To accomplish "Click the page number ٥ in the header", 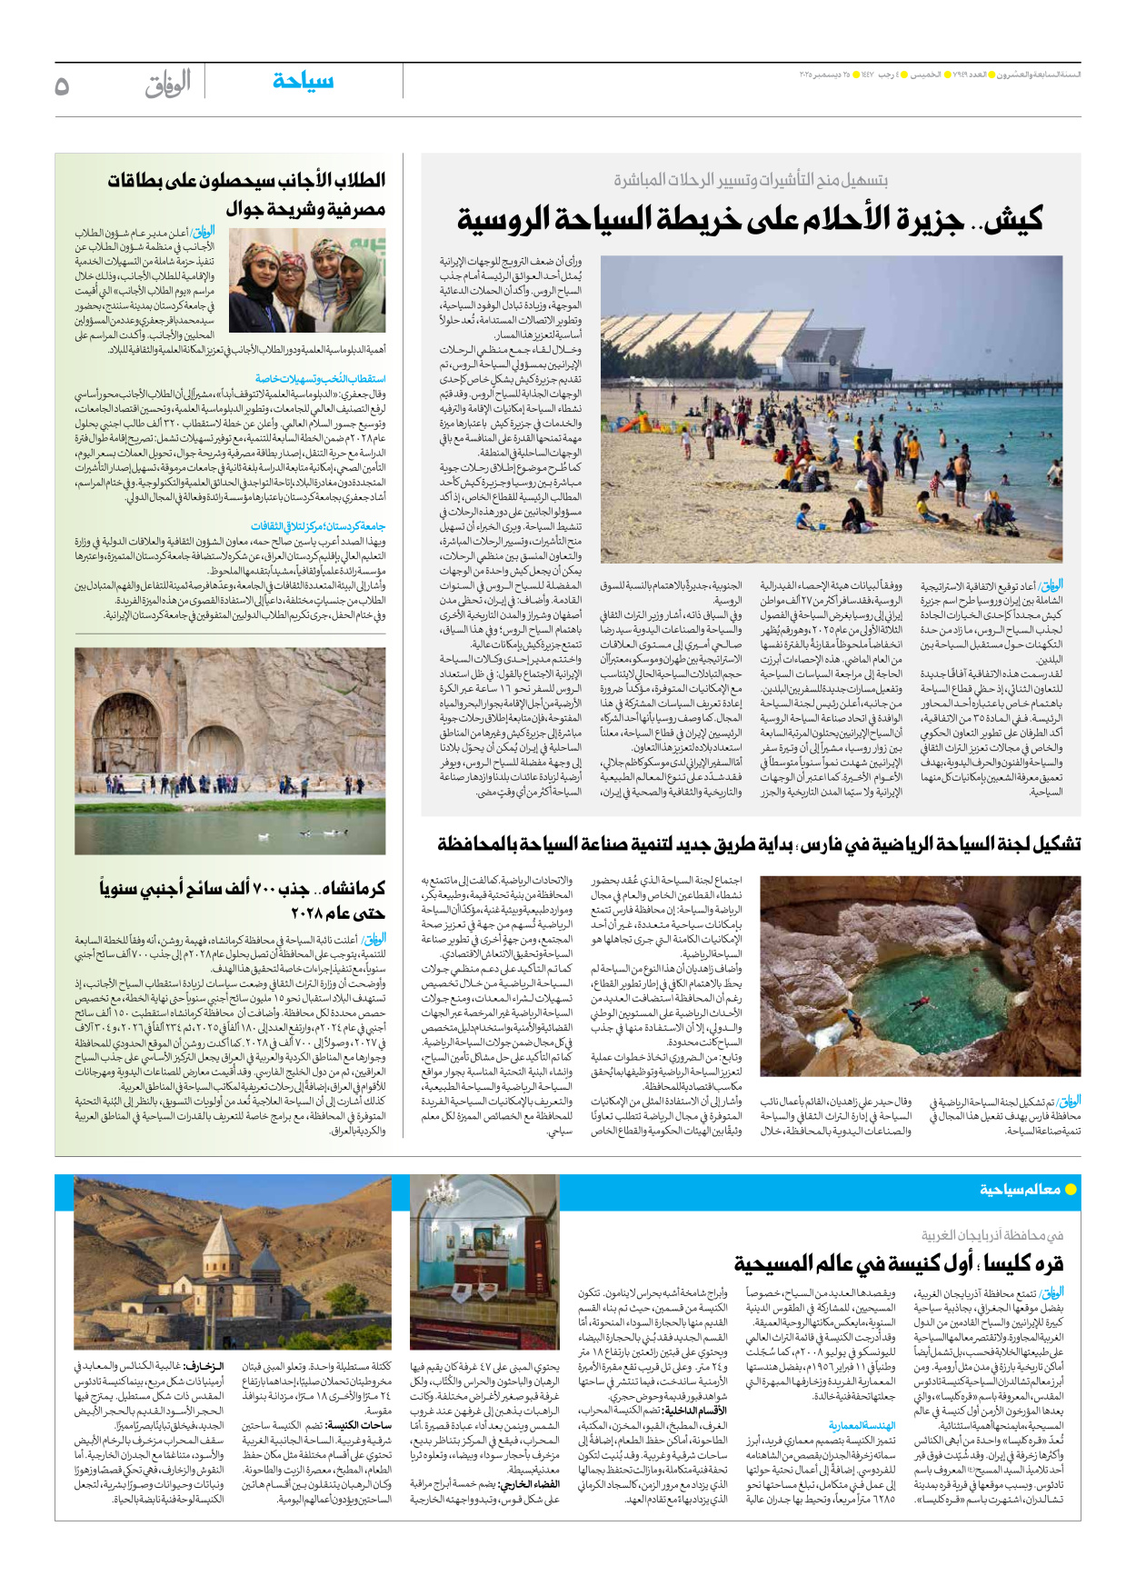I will click(x=62, y=86).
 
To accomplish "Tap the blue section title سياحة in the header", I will click(x=303, y=82).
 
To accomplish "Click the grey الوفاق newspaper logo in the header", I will click(x=168, y=85).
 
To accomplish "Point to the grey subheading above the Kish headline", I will click(x=750, y=180).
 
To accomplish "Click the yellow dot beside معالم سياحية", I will click(x=1071, y=1189).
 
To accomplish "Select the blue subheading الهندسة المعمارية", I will click(x=862, y=1425).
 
